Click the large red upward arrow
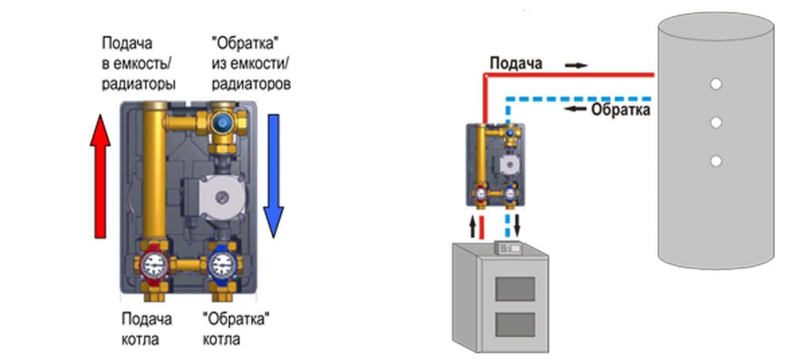tap(100, 176)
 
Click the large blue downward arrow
tap(273, 176)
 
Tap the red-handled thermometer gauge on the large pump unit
tap(154, 265)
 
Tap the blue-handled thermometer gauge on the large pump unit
tap(223, 265)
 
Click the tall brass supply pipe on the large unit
tap(154, 173)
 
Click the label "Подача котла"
tap(147, 329)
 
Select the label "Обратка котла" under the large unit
tap(236, 329)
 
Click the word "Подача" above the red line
tap(516, 64)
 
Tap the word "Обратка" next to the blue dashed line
tap(621, 110)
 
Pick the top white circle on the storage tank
tap(716, 84)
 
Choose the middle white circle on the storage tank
tap(716, 123)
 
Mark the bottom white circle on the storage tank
tap(716, 160)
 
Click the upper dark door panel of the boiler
tap(515, 289)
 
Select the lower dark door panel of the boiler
tap(515, 325)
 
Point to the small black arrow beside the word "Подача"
tap(576, 65)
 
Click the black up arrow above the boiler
tap(473, 226)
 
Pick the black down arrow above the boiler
tap(517, 225)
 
